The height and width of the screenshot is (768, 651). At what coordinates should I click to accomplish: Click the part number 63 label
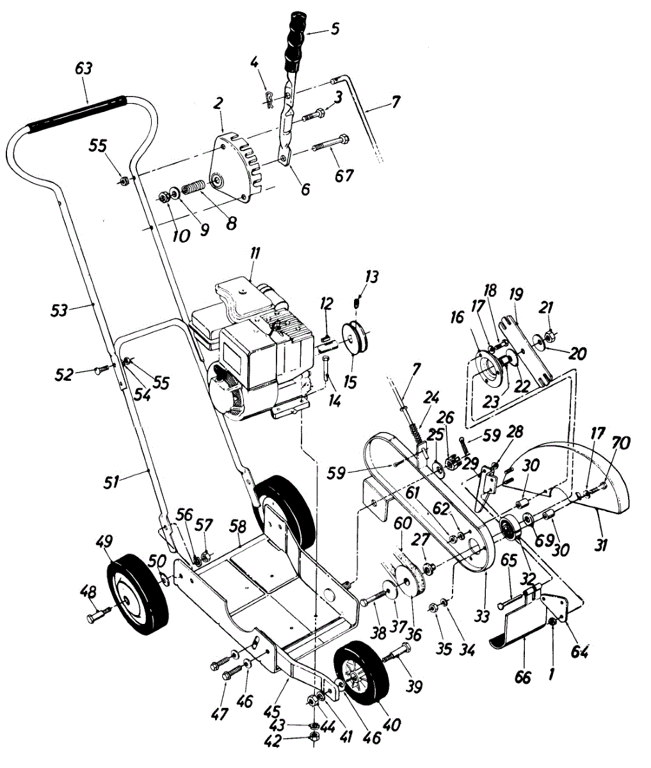click(x=84, y=68)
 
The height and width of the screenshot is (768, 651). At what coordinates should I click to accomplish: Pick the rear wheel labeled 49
click(x=136, y=595)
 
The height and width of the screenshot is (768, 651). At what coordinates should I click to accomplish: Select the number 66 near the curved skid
click(x=523, y=676)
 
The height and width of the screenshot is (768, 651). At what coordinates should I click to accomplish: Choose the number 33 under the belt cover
click(x=481, y=616)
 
